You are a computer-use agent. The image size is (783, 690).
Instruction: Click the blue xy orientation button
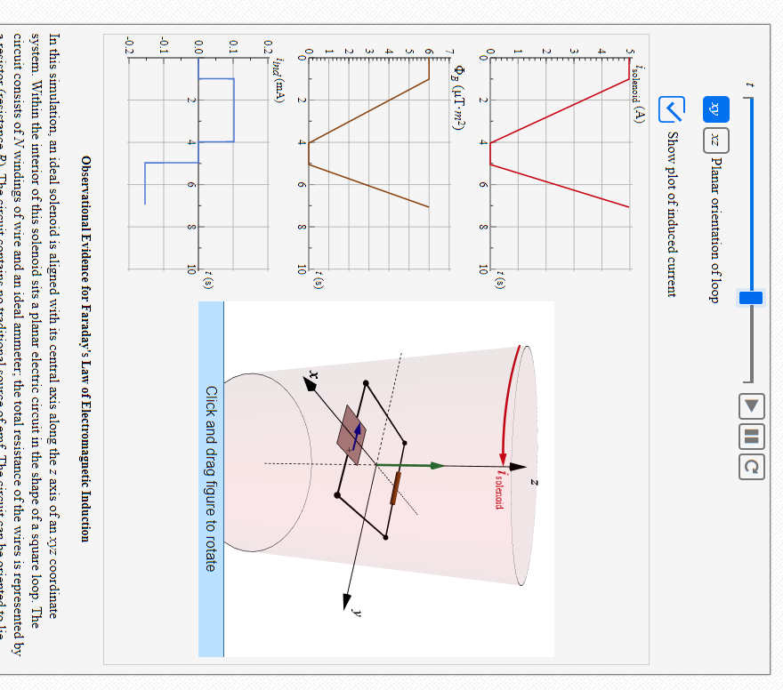pyautogui.click(x=716, y=109)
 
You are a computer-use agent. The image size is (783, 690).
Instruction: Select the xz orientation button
pyautogui.click(x=716, y=140)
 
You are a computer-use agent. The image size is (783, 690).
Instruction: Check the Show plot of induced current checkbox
pyautogui.click(x=671, y=109)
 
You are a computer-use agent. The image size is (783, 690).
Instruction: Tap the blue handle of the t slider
pyautogui.click(x=751, y=297)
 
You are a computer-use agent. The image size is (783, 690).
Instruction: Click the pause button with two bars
pyautogui.click(x=751, y=436)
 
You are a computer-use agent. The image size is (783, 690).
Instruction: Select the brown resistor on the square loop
pyautogui.click(x=394, y=488)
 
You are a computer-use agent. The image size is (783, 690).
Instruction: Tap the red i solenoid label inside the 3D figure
pyautogui.click(x=504, y=488)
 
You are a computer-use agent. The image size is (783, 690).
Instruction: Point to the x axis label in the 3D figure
pyautogui.click(x=312, y=373)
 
